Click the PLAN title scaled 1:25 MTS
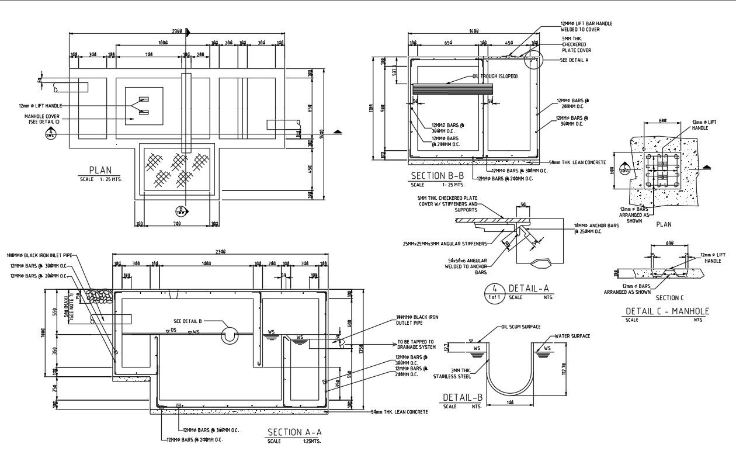[100, 171]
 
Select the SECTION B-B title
[438, 176]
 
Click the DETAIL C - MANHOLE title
[667, 311]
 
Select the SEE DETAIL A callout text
[574, 60]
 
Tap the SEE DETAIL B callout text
[188, 321]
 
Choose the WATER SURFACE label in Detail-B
[572, 336]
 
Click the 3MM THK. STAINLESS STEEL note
[462, 373]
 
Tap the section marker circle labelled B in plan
[181, 210]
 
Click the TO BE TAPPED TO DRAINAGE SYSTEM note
[415, 345]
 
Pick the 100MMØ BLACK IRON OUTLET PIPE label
[417, 320]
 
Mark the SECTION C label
[669, 298]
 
